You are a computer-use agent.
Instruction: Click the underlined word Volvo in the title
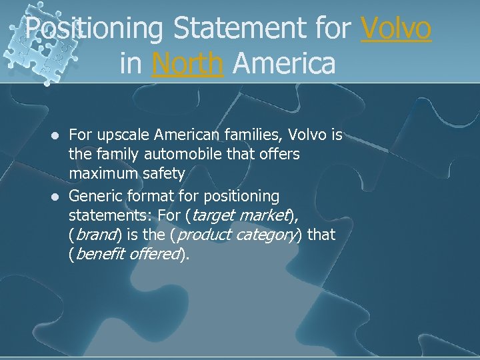click(x=397, y=29)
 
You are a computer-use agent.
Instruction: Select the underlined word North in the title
click(x=187, y=63)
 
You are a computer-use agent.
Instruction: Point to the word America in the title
click(x=285, y=63)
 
